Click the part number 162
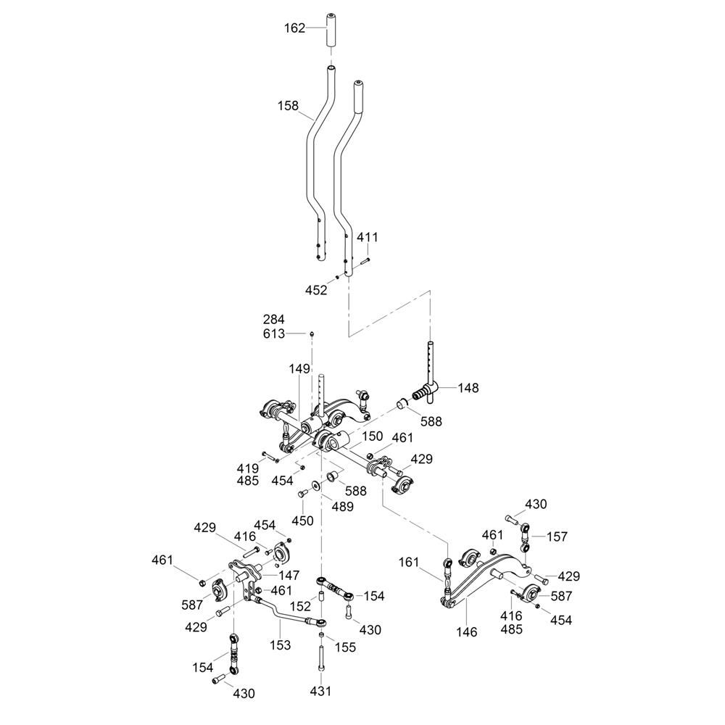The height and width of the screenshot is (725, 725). pyautogui.click(x=294, y=28)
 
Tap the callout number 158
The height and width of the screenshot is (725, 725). pyautogui.click(x=289, y=106)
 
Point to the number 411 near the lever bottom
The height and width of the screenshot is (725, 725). pyautogui.click(x=368, y=238)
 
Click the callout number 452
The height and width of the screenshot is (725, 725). pyautogui.click(x=317, y=290)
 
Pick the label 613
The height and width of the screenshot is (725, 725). pyautogui.click(x=275, y=333)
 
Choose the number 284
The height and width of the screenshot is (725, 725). pyautogui.click(x=275, y=319)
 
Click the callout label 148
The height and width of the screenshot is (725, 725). pyautogui.click(x=469, y=388)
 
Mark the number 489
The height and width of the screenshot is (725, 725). pyautogui.click(x=343, y=507)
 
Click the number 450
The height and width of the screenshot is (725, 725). pyautogui.click(x=302, y=521)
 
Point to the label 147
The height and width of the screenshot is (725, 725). pyautogui.click(x=289, y=575)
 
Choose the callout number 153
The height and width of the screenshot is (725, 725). pyautogui.click(x=280, y=645)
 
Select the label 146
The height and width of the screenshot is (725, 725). pyautogui.click(x=468, y=632)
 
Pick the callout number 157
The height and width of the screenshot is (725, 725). pyautogui.click(x=558, y=536)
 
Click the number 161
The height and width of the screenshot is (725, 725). pyautogui.click(x=410, y=561)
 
